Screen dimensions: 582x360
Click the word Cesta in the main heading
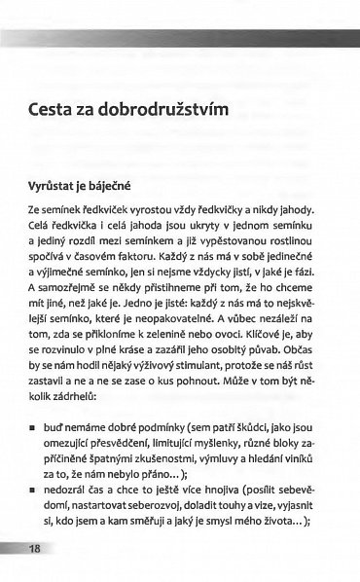[53, 109]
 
